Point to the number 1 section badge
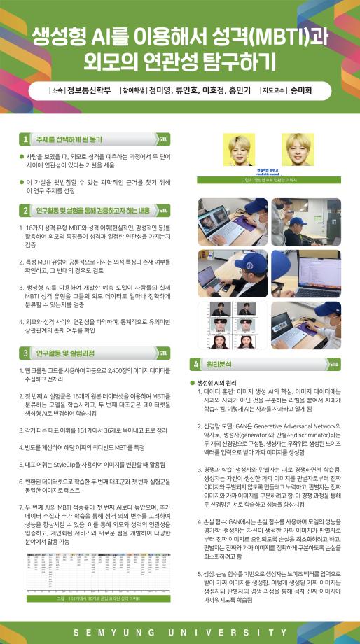[x=25, y=139]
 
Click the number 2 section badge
[x=25, y=209]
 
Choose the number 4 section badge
[x=196, y=364]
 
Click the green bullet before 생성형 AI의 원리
[x=193, y=383]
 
